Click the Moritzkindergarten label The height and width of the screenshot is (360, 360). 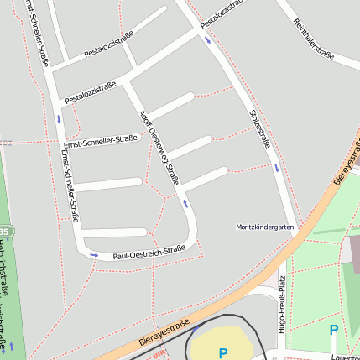265,227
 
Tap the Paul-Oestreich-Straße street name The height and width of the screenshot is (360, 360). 149,251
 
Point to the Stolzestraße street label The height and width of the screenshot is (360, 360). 260,128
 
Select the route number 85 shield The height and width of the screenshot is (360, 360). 5,230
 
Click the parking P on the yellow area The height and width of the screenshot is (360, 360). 222,353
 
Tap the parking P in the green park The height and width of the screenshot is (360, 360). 333,331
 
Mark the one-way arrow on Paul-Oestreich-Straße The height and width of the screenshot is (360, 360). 94,254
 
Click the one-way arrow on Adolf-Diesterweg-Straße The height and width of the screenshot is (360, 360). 185,203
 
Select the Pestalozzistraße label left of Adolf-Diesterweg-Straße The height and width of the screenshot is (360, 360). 91,92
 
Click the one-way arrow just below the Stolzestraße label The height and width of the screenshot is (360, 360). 276,167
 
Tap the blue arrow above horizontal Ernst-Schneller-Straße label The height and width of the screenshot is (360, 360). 59,118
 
